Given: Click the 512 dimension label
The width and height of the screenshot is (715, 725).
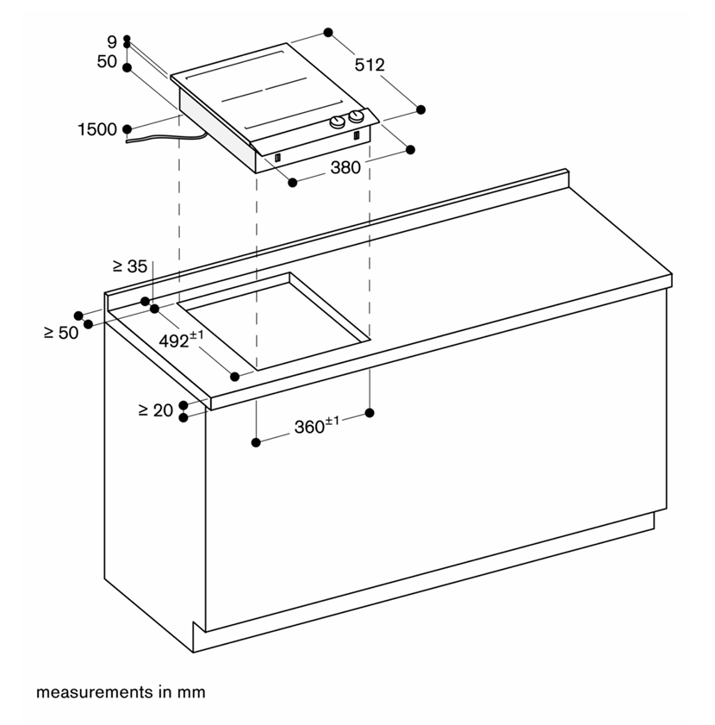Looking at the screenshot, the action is click(x=370, y=65).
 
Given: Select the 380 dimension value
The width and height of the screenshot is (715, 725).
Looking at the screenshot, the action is click(x=345, y=167).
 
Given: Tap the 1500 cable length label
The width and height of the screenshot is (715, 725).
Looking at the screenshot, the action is click(x=97, y=129).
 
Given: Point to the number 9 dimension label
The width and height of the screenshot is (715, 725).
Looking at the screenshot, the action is click(x=112, y=42).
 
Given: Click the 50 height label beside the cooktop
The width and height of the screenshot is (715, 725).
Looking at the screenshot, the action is click(x=107, y=61).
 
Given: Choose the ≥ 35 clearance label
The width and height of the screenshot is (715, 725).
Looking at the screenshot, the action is click(x=130, y=266).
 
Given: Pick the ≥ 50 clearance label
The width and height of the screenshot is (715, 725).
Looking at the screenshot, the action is click(x=61, y=333).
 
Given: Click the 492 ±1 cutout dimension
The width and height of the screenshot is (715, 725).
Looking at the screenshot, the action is click(x=181, y=340).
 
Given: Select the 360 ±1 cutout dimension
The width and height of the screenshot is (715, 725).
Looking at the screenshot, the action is click(x=317, y=425).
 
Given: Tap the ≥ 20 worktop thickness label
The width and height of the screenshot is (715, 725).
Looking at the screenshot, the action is click(x=156, y=410).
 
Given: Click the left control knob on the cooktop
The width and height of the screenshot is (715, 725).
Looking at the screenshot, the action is click(x=337, y=122).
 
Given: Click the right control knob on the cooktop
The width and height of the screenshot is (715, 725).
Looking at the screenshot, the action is click(x=356, y=116).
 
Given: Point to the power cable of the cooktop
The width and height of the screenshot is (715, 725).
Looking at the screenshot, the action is click(x=166, y=137).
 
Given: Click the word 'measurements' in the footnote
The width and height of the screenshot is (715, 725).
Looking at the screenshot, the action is click(x=95, y=692).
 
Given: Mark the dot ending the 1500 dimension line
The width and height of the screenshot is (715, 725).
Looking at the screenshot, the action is click(x=127, y=129).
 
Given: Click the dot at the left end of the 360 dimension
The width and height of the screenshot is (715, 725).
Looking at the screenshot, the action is click(x=256, y=442).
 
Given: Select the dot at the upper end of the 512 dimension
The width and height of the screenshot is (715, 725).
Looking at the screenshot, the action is click(x=328, y=33).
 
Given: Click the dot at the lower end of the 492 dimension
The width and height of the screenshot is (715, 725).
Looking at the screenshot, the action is click(x=235, y=377).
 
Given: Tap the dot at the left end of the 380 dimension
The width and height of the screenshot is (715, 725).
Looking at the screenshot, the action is click(x=292, y=183).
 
